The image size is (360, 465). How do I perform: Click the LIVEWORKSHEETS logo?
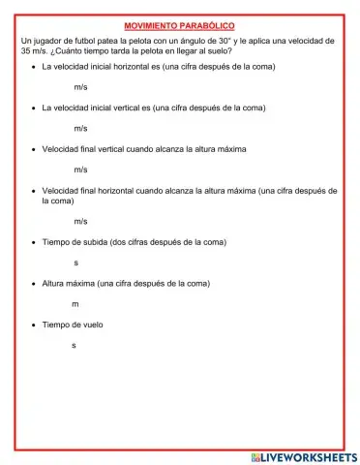pyautogui.click(x=303, y=455)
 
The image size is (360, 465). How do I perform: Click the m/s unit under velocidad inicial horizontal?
pyautogui.click(x=80, y=87)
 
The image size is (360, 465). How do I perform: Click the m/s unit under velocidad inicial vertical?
pyautogui.click(x=80, y=128)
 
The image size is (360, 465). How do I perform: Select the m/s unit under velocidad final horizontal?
pyautogui.click(x=80, y=221)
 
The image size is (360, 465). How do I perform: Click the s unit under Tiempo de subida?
pyautogui.click(x=76, y=263)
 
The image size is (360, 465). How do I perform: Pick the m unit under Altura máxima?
pyautogui.click(x=75, y=304)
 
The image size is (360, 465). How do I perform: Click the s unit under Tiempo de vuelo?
pyautogui.click(x=75, y=345)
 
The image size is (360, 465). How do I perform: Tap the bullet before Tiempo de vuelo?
pyautogui.click(x=33, y=325)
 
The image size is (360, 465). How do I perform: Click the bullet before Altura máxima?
pyautogui.click(x=33, y=284)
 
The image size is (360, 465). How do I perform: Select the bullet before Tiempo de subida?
pyautogui.click(x=33, y=242)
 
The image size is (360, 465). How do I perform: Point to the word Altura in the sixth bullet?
pyautogui.click(x=55, y=284)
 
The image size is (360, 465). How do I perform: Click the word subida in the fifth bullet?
pyautogui.click(x=97, y=242)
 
